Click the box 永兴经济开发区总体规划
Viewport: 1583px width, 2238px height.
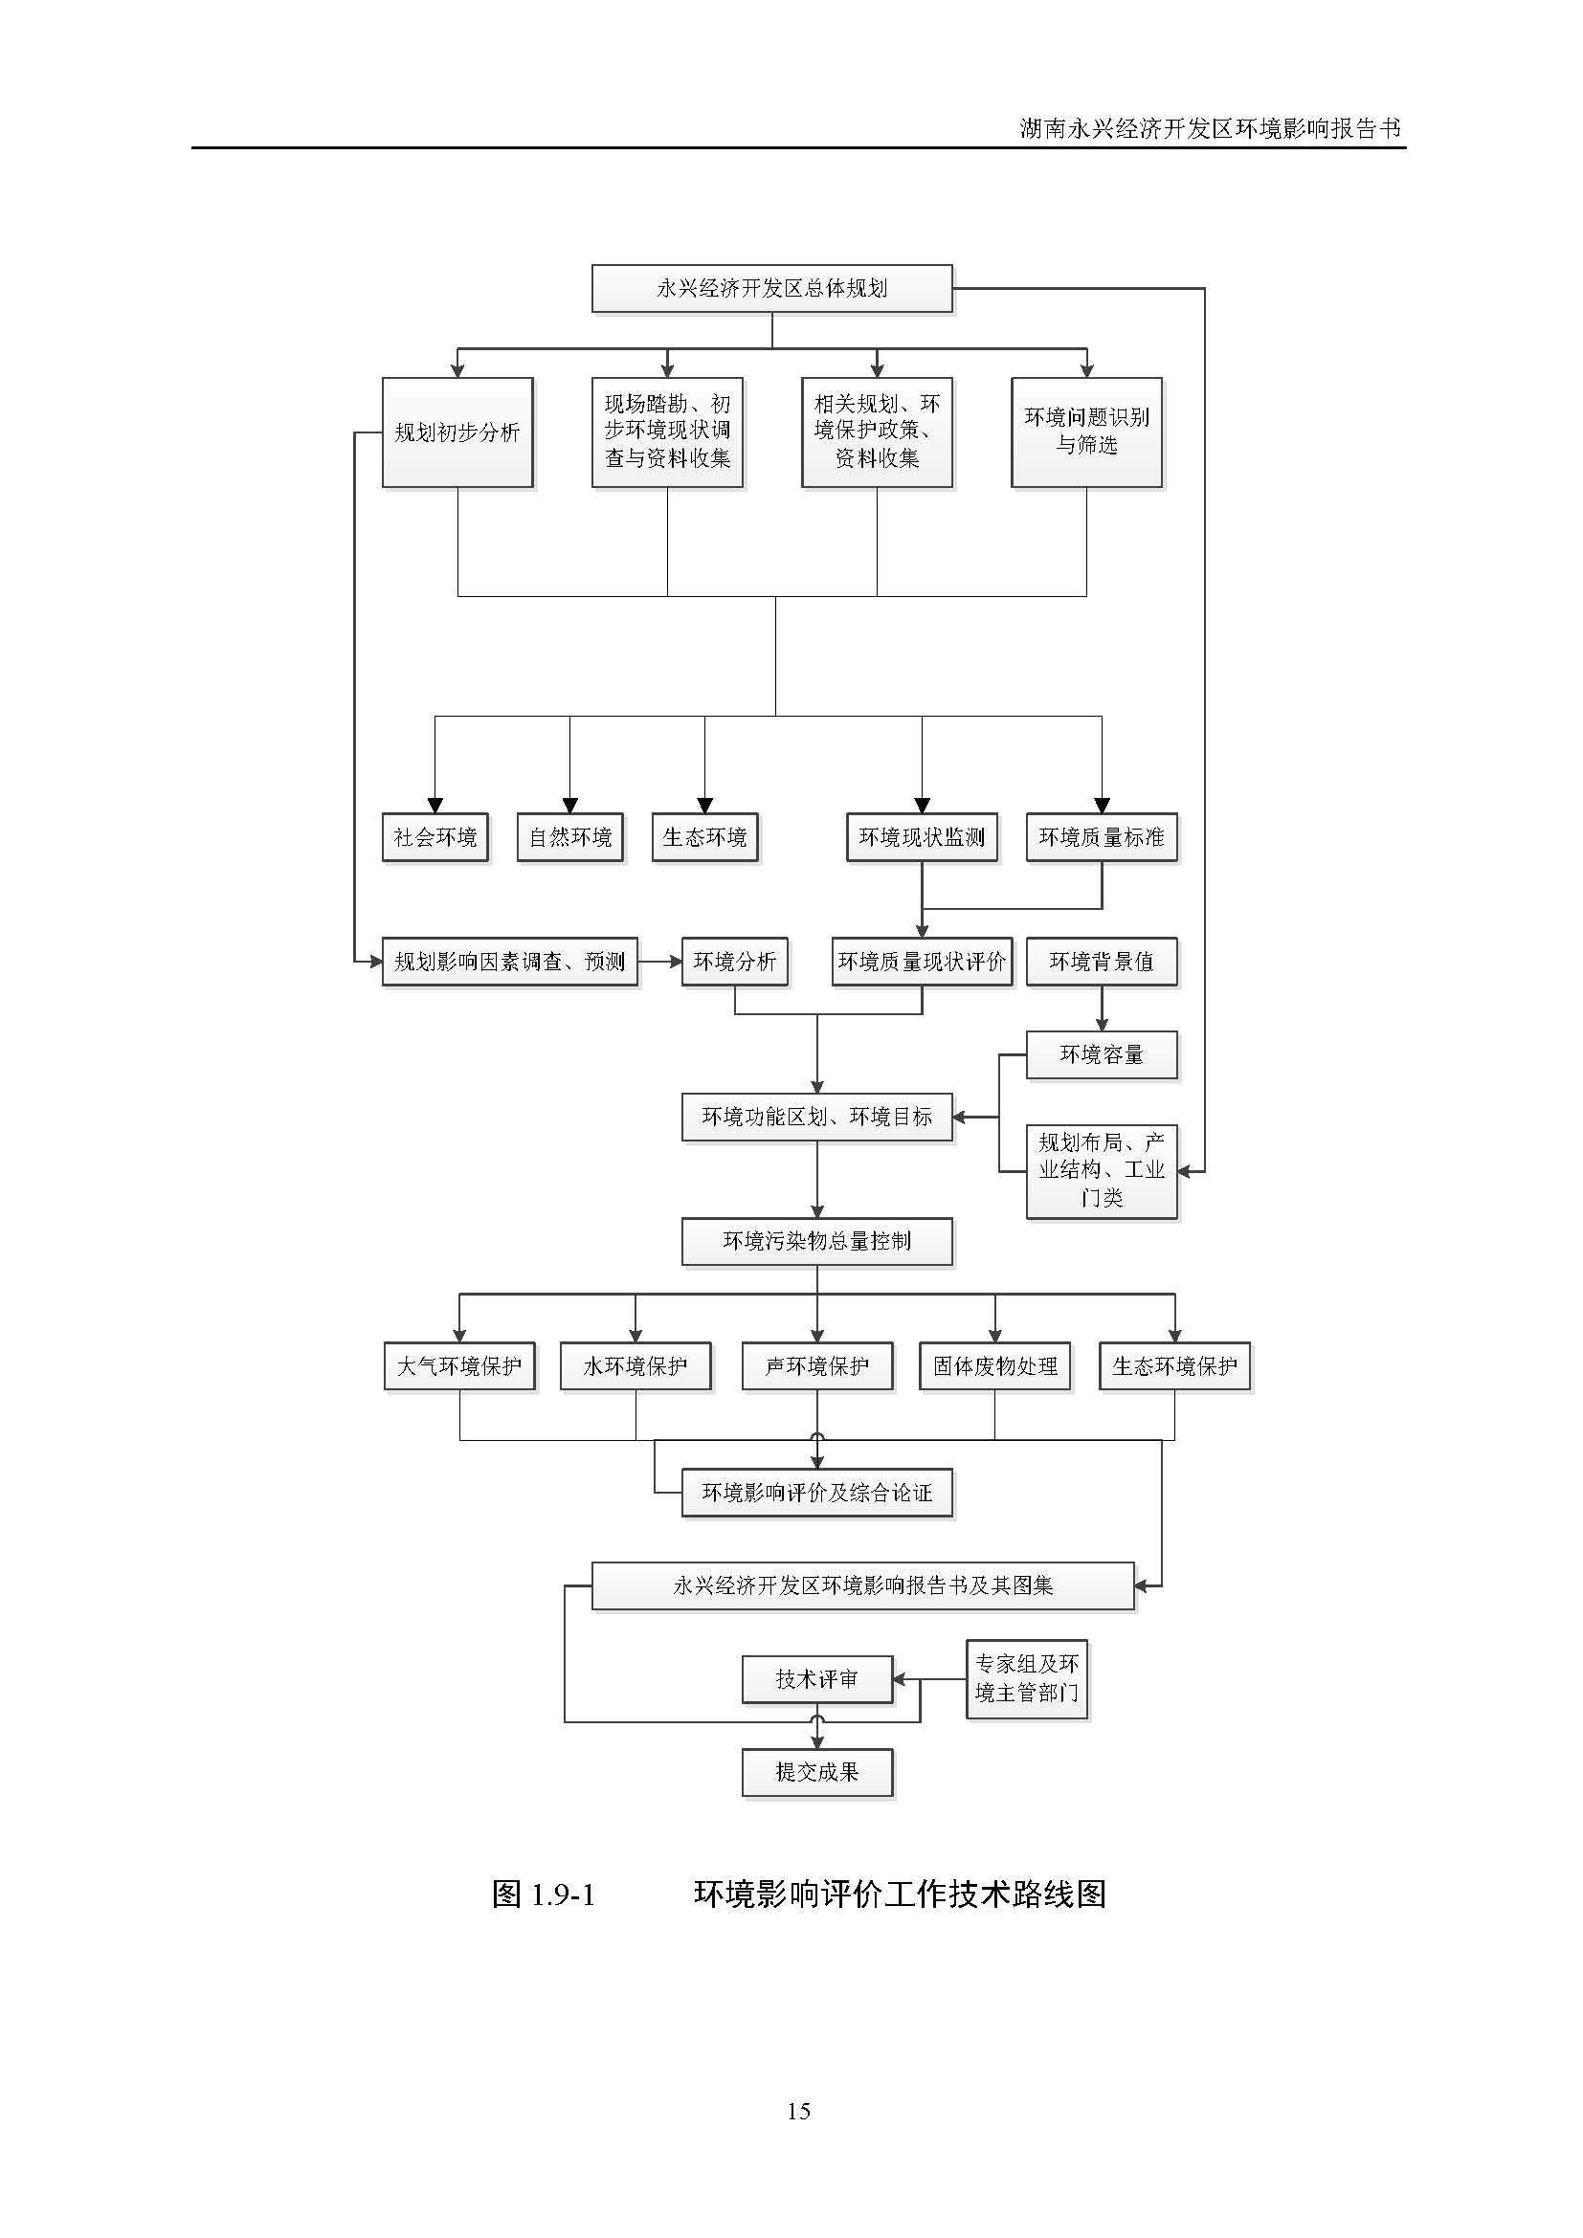(771, 289)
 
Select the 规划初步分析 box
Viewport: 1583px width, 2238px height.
(457, 432)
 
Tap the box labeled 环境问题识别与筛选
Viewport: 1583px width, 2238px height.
(1086, 432)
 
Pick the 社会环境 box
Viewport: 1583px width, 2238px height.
(435, 837)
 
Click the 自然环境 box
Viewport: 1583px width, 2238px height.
(570, 837)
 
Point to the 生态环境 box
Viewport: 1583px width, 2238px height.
(704, 837)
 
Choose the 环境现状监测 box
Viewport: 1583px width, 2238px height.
(921, 837)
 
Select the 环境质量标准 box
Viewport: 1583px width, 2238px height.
(1102, 837)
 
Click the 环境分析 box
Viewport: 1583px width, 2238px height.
(734, 962)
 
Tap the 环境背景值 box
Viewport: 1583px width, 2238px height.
(1102, 962)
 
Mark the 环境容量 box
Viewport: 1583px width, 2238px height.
(1102, 1054)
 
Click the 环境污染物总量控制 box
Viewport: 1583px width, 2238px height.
(816, 1241)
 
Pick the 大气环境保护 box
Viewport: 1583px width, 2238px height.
(459, 1365)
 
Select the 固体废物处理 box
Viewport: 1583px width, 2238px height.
(994, 1365)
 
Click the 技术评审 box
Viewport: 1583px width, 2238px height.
(816, 1678)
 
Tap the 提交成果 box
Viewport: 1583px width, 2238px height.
(816, 1772)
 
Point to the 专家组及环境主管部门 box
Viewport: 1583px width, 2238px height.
(1026, 1678)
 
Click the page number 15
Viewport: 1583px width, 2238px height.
(798, 2112)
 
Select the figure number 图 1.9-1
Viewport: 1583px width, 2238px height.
(544, 1895)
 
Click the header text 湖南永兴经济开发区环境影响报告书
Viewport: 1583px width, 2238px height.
(1210, 128)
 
